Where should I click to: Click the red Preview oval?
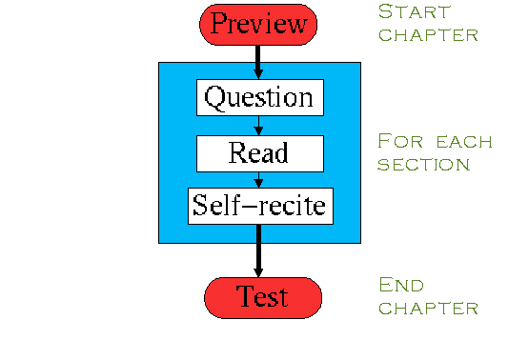(258, 25)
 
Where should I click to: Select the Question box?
(260, 97)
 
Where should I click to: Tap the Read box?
(260, 153)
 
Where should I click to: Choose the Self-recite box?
(260, 206)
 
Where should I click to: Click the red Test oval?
(263, 298)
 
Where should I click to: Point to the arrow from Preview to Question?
(258, 62)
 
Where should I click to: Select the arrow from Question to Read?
(258, 126)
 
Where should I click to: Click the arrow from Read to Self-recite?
(258, 180)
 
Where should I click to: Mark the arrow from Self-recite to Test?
(258, 250)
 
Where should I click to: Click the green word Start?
(415, 12)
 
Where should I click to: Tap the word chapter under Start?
(428, 35)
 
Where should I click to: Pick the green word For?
(400, 141)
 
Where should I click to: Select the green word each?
(464, 143)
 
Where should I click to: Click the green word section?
(424, 165)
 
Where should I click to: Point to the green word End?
(401, 285)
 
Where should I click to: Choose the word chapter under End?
(428, 309)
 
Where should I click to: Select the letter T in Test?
(246, 295)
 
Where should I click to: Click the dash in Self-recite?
(253, 206)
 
